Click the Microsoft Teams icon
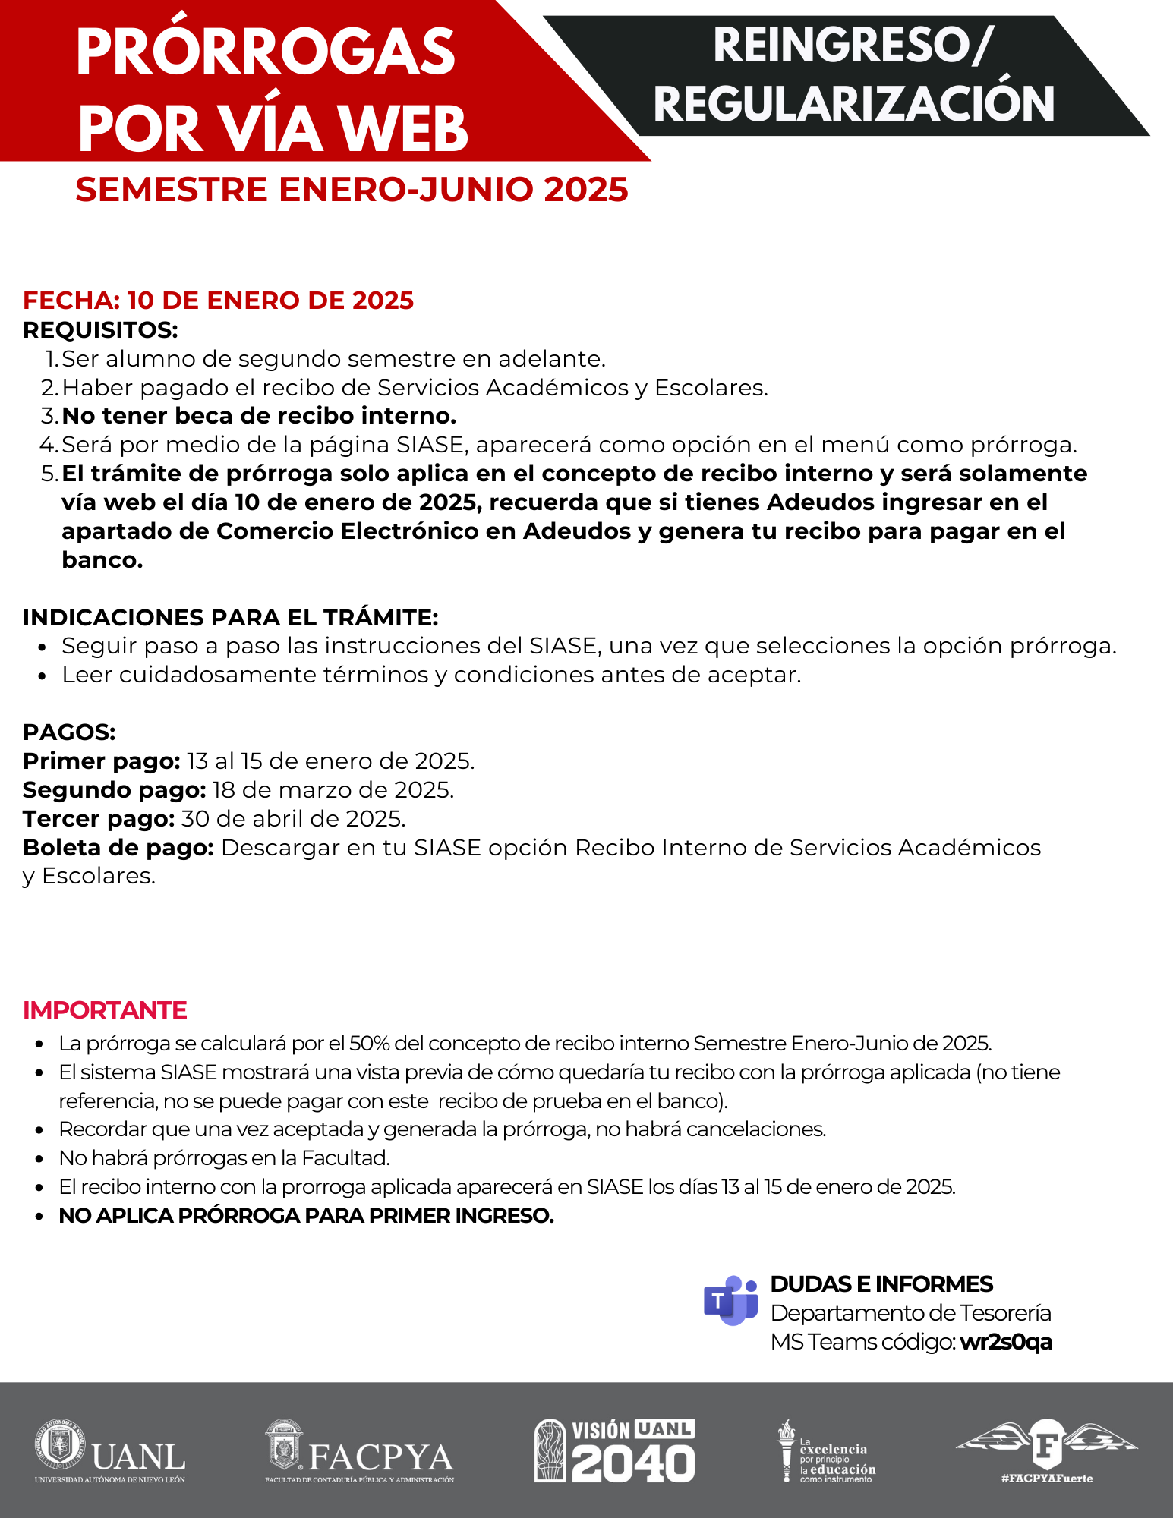click(730, 1301)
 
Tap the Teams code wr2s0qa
click(1006, 1342)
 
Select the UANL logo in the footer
click(110, 1450)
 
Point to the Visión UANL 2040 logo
click(614, 1450)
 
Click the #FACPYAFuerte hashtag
click(1047, 1478)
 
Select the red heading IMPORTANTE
click(105, 1010)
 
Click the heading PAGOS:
click(69, 732)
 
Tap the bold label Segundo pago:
click(114, 790)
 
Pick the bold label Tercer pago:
click(99, 819)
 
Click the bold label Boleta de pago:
click(118, 848)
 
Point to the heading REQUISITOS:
click(100, 330)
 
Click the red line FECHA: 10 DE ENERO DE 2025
click(218, 301)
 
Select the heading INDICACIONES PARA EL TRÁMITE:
click(230, 617)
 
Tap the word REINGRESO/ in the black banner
click(853, 46)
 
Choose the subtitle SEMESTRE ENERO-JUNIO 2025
click(352, 190)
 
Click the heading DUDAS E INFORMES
click(881, 1283)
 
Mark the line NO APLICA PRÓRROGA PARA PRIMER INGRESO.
click(306, 1215)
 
